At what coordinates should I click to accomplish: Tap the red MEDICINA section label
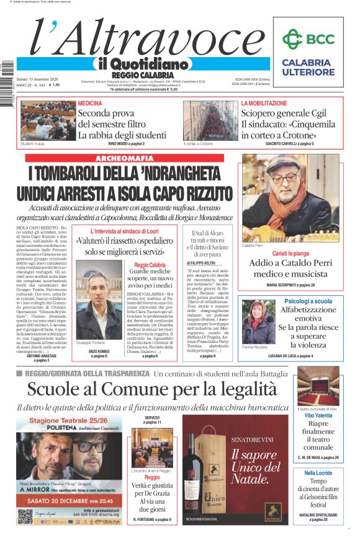(x=90, y=103)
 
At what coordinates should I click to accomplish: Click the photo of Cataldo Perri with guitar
(x=291, y=198)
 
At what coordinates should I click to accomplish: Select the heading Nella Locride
(x=318, y=473)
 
